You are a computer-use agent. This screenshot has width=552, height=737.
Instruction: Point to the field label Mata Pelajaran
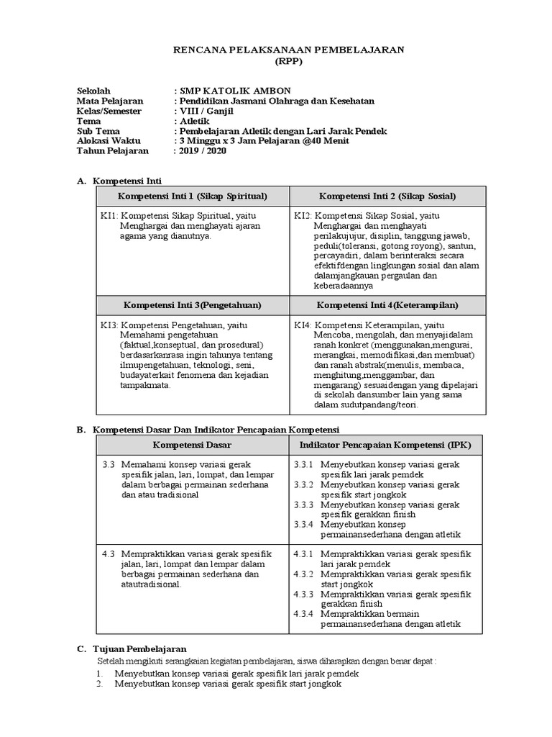point(110,101)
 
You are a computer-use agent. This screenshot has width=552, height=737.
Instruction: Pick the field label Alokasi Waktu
point(109,141)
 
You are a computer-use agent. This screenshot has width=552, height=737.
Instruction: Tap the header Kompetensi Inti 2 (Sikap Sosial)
point(387,196)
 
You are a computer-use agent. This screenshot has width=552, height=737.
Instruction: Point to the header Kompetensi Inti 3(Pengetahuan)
point(191,304)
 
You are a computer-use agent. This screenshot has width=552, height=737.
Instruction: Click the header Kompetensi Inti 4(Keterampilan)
point(387,304)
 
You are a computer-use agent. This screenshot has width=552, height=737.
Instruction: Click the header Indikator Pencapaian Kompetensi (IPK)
point(385,446)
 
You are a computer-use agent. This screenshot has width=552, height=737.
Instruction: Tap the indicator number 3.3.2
point(304,484)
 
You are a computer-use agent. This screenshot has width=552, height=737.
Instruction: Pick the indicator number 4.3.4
point(304,613)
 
